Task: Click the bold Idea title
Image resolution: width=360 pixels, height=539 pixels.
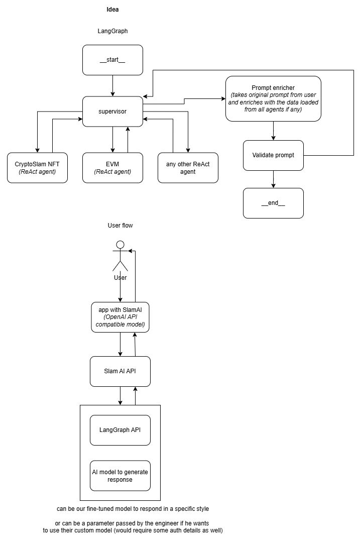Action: click(x=112, y=10)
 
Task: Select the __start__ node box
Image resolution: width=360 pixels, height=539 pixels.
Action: click(x=112, y=60)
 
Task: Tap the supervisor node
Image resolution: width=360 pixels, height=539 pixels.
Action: click(x=112, y=112)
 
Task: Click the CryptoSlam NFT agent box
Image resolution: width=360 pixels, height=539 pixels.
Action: click(x=37, y=168)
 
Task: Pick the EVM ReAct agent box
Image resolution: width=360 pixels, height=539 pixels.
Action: click(x=112, y=168)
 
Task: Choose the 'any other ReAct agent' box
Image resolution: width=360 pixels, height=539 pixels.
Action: click(x=188, y=168)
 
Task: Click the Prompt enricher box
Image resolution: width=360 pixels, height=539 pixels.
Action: click(x=274, y=98)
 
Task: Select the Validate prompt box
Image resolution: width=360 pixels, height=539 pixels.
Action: click(x=274, y=155)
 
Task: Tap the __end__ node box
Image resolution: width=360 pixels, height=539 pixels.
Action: click(x=274, y=203)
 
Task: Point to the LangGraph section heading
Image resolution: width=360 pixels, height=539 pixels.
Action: click(x=112, y=31)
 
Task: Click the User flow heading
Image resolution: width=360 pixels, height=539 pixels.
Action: click(x=120, y=226)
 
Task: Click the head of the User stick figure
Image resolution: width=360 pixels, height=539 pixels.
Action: click(x=120, y=245)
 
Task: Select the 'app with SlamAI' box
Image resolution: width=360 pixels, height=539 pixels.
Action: click(x=120, y=317)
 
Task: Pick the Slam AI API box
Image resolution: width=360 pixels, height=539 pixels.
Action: click(x=120, y=371)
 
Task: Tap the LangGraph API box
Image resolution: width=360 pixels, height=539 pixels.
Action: click(x=120, y=430)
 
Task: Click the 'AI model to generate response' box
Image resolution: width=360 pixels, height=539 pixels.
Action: click(x=120, y=476)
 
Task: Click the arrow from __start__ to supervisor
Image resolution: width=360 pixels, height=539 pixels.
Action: click(x=112, y=85)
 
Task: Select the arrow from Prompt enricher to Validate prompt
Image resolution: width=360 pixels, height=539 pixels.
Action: click(x=274, y=131)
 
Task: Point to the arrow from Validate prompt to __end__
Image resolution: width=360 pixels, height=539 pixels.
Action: click(x=274, y=179)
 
